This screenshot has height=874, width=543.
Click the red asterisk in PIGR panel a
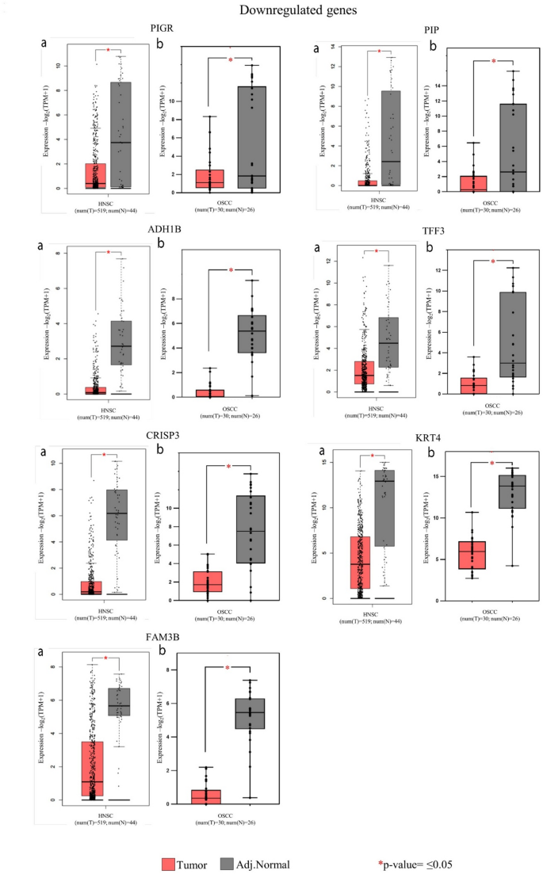point(108,49)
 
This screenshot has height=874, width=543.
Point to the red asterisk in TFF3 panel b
point(493,262)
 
